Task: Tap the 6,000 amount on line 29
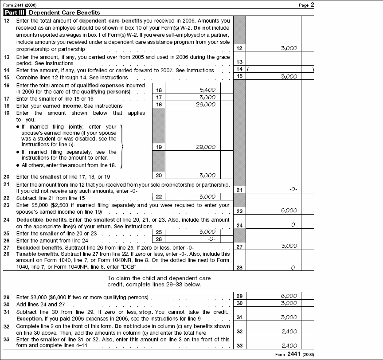pyautogui.click(x=289, y=296)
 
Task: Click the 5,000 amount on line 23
pyautogui.click(x=289, y=211)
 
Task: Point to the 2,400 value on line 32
pyautogui.click(x=289, y=331)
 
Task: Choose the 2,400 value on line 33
pyautogui.click(x=289, y=346)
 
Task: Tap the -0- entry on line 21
pyautogui.click(x=293, y=189)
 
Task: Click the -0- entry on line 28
pyautogui.click(x=293, y=268)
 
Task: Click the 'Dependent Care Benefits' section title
pyautogui.click(x=64, y=12)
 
